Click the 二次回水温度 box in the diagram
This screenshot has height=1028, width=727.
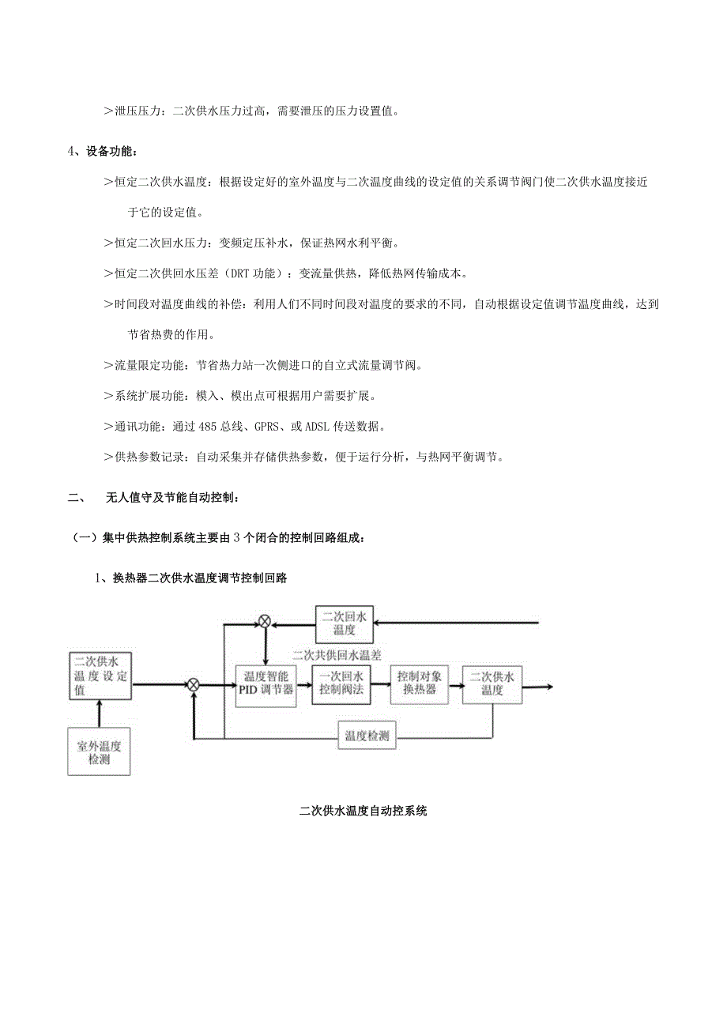345,623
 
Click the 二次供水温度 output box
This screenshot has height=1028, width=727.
492,683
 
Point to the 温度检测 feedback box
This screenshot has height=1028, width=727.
367,735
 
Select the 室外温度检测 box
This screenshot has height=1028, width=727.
99,752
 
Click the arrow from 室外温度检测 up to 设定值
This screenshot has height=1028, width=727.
99,714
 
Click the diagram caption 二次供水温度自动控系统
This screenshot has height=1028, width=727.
363,811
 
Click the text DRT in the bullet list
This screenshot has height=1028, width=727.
235,274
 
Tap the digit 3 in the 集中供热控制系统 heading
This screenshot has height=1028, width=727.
236,537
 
